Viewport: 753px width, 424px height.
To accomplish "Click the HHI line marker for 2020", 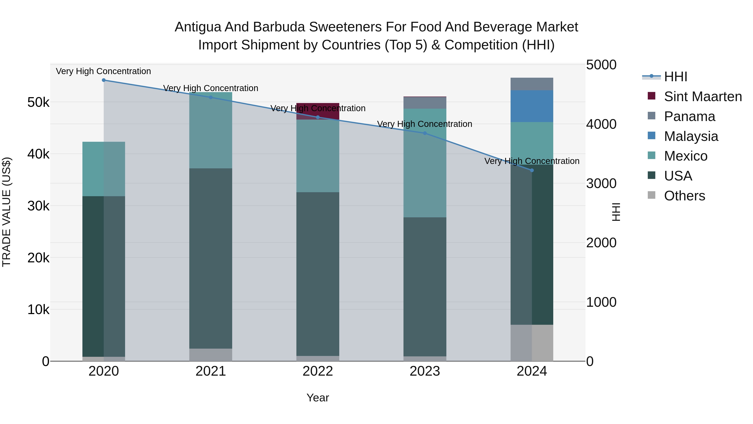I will [104, 80].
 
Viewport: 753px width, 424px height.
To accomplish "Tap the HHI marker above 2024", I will [532, 170].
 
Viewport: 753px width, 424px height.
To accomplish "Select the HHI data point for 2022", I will [318, 117].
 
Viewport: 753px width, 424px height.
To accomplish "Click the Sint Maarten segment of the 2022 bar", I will [318, 111].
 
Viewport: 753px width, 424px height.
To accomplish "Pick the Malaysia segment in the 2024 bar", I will [532, 106].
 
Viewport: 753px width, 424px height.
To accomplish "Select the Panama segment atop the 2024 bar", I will [532, 84].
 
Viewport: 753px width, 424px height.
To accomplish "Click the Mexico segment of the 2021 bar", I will [211, 130].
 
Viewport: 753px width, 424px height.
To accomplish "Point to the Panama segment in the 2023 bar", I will [425, 103].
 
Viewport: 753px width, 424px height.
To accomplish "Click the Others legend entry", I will [684, 196].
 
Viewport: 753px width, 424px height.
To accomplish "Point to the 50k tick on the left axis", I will [38, 102].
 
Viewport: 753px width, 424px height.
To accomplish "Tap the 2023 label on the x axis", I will [425, 371].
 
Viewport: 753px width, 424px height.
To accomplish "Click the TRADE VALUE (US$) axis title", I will [7, 212].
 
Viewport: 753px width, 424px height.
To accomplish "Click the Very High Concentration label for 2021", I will [211, 88].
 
